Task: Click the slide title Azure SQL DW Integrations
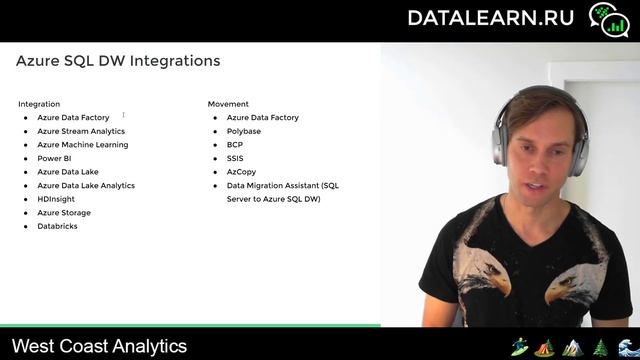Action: click(118, 61)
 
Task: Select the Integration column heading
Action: click(39, 104)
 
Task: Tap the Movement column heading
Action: click(228, 104)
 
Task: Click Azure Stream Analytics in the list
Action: click(81, 131)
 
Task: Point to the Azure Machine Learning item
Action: click(83, 145)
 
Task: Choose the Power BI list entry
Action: click(54, 158)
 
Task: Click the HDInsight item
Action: click(56, 199)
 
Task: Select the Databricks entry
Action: click(57, 226)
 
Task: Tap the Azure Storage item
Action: click(64, 213)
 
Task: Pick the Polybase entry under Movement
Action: click(244, 131)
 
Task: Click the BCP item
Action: click(235, 145)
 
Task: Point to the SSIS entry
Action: click(235, 158)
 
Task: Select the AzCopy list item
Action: click(241, 172)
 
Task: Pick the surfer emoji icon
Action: click(520, 347)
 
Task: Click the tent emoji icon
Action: click(546, 347)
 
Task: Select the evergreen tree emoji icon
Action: click(600, 347)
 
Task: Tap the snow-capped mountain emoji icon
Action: click(573, 347)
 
